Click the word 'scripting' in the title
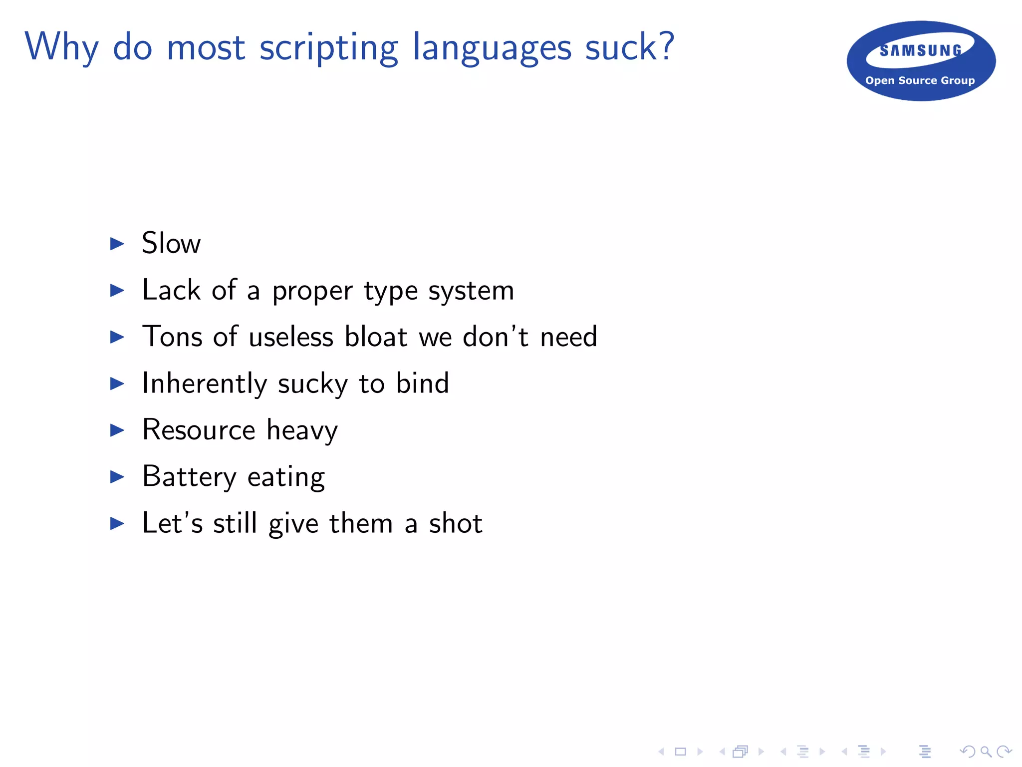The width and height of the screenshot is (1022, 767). click(x=328, y=48)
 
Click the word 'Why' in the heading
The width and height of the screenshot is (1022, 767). click(x=61, y=48)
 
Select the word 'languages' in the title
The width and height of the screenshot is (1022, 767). click(x=492, y=48)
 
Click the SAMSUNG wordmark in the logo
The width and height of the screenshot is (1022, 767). click(x=921, y=50)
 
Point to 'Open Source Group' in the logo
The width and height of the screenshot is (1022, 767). click(x=920, y=80)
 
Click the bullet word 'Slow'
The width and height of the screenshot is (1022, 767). click(x=171, y=243)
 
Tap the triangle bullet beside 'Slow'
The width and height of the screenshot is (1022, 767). click(x=117, y=244)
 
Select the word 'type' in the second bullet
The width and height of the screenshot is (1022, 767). click(x=390, y=291)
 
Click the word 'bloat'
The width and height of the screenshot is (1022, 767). click(x=376, y=337)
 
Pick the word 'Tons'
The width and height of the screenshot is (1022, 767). click(x=172, y=337)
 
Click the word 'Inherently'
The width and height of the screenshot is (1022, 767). click(x=205, y=383)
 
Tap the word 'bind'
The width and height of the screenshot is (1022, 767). click(x=422, y=383)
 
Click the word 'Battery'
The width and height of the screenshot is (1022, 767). click(x=189, y=477)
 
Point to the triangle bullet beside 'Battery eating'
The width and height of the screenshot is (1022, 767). click(x=117, y=477)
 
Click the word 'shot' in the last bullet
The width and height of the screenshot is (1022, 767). click(x=456, y=523)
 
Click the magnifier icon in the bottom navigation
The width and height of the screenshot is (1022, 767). click(x=986, y=752)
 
